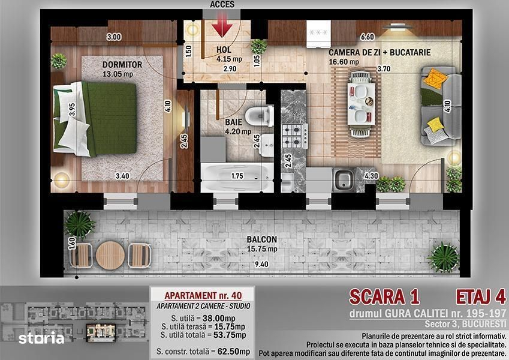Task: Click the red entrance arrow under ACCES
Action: (222, 25)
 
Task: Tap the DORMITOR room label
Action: (122, 64)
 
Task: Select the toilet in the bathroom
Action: (258, 116)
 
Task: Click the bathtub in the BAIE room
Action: (237, 178)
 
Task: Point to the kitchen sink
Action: (344, 180)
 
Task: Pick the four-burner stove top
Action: (294, 136)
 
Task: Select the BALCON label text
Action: (262, 239)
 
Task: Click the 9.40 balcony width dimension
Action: (261, 264)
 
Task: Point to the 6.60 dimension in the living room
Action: (367, 37)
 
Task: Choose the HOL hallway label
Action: (224, 50)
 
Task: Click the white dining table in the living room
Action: (361, 104)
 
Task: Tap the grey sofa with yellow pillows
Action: (441, 106)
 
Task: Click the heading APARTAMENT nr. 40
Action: (203, 295)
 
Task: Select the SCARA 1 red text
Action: (384, 297)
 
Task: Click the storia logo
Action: (41, 338)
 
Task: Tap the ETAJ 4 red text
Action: (481, 297)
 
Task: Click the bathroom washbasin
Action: (266, 145)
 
